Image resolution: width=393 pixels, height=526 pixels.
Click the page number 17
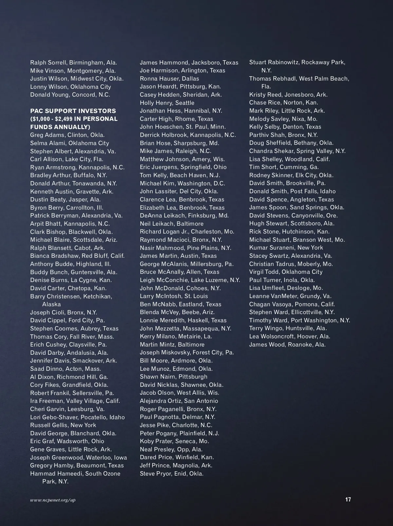348,499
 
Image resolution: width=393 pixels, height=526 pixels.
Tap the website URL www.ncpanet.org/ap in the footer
53,500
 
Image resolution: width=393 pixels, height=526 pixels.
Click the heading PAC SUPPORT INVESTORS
73,111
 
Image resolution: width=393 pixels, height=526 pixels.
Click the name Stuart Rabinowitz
274,62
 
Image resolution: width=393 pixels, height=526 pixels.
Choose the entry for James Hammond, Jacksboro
189,63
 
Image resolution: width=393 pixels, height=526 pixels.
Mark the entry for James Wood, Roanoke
287,345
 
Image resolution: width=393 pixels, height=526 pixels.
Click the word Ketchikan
98,296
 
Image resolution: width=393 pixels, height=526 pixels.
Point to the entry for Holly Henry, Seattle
167,103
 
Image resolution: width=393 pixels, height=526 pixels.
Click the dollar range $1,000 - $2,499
51,119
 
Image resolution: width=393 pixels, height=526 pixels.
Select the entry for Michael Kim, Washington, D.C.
182,183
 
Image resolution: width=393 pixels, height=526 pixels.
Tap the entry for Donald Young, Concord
70,95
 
